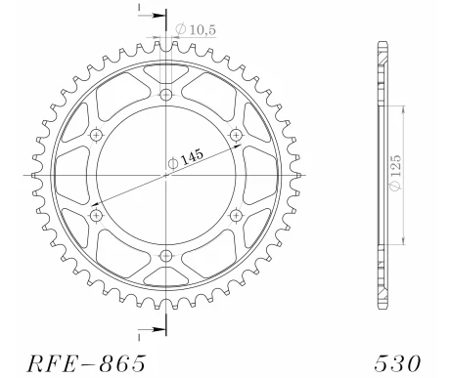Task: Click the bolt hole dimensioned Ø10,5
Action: coord(165,95)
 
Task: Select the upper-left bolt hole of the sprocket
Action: coord(96,135)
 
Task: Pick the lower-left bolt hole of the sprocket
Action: coord(96,215)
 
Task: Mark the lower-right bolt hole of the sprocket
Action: coord(235,215)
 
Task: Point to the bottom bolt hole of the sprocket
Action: coord(165,255)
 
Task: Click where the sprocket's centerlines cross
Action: coord(165,175)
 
